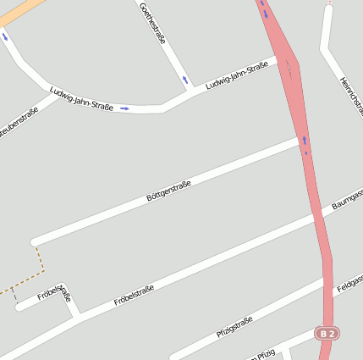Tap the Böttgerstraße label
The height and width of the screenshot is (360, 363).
169,190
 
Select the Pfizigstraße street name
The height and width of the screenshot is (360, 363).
234,327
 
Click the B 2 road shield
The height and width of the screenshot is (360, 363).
327,334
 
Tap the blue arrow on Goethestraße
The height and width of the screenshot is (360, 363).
185,80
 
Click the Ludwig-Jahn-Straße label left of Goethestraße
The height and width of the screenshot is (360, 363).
81,100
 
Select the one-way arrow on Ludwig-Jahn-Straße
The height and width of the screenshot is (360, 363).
124,108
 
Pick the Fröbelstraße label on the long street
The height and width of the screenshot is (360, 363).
134,296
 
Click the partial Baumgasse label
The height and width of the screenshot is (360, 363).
348,200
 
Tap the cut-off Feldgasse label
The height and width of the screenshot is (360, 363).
349,284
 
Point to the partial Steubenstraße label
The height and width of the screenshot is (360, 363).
16,123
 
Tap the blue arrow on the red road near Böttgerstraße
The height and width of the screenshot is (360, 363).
304,141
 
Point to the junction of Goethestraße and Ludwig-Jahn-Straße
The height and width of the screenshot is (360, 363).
188,90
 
